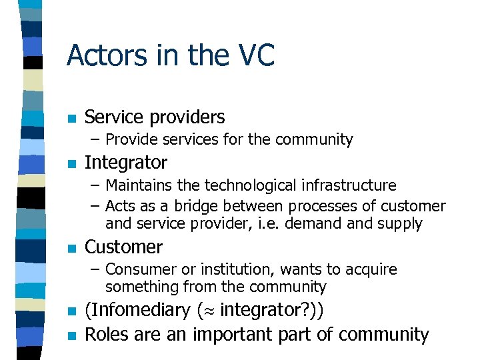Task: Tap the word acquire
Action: click(369, 270)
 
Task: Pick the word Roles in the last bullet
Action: click(107, 334)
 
